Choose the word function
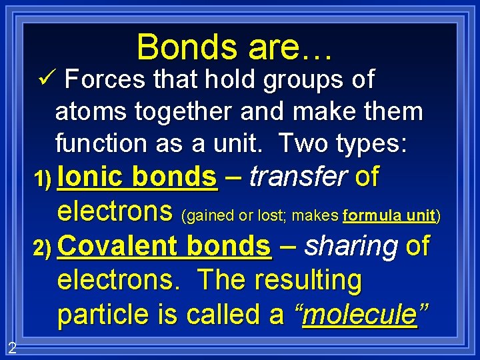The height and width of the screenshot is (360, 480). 106,143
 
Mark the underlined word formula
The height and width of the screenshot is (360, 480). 369,216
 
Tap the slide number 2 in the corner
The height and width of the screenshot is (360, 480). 12,347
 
